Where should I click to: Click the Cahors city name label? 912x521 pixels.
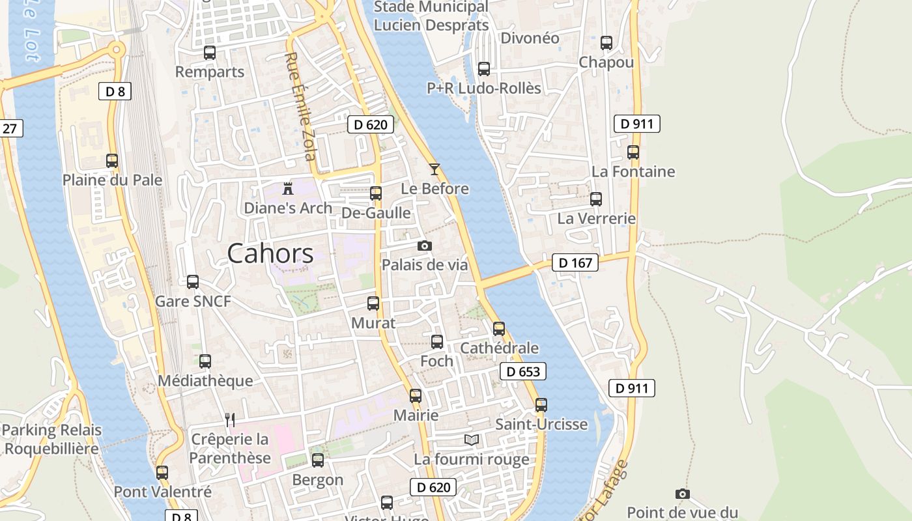click(270, 253)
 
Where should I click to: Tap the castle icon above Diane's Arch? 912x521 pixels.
click(287, 189)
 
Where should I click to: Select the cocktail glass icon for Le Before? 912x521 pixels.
click(435, 169)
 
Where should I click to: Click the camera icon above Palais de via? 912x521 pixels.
click(425, 246)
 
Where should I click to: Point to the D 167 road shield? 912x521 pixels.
click(575, 262)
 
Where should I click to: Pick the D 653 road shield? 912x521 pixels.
click(523, 371)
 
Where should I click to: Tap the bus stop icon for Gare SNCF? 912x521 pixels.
click(193, 282)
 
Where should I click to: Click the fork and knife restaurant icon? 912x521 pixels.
click(229, 419)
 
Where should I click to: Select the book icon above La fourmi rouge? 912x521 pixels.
click(472, 440)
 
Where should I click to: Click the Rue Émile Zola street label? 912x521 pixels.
click(300, 107)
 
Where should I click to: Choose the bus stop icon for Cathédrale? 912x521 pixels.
click(499, 329)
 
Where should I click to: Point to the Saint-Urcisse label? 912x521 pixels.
click(541, 425)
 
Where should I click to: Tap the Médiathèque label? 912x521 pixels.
click(205, 380)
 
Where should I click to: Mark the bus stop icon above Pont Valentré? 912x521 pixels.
click(162, 473)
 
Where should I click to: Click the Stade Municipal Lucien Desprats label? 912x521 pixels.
click(431, 16)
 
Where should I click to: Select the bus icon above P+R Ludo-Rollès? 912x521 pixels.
click(484, 69)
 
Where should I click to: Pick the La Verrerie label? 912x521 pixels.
click(596, 218)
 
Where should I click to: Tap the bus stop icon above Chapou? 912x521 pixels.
click(606, 43)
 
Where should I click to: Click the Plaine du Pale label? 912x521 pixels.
click(112, 180)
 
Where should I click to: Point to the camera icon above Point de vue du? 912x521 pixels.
click(683, 494)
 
